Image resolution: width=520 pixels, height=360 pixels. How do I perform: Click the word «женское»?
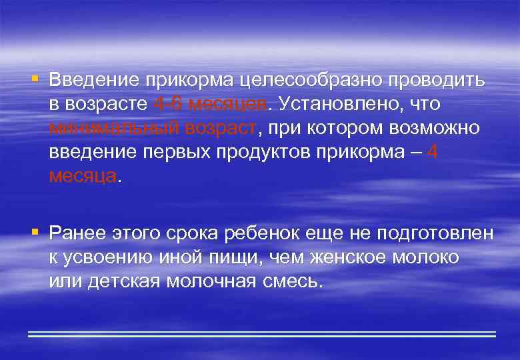(337, 257)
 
